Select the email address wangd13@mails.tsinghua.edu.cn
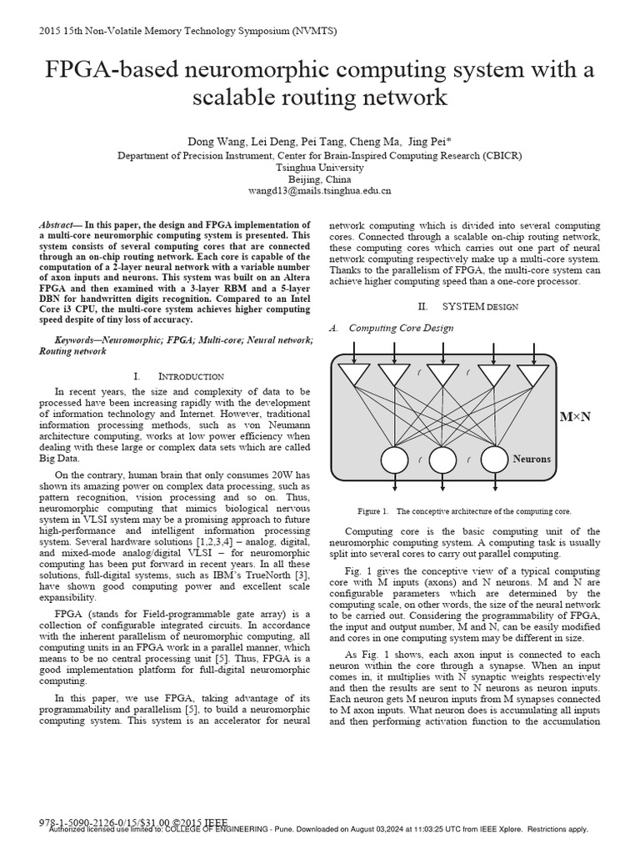coord(320,191)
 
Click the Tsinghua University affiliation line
coord(320,167)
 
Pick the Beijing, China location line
coord(320,178)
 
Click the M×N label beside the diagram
coord(574,416)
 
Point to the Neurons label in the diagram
coord(532,459)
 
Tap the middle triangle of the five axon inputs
coord(443,374)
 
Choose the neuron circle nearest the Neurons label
coord(493,459)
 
